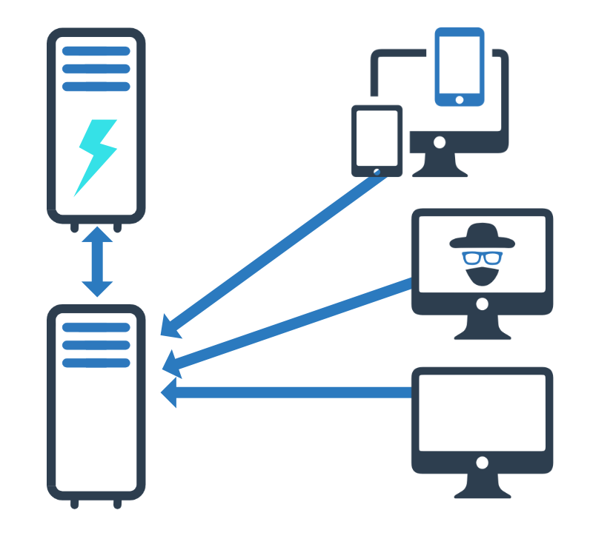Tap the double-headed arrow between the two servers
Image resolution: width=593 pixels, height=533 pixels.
[x=96, y=263]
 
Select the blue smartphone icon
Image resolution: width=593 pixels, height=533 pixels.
[x=460, y=67]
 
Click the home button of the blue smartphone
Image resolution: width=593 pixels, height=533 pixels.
[x=460, y=99]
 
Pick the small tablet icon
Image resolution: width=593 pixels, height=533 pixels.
[x=377, y=141]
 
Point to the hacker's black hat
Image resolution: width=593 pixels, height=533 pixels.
[x=482, y=235]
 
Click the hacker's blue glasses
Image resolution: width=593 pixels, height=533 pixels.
[x=482, y=258]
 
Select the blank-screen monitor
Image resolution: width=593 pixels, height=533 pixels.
[x=482, y=415]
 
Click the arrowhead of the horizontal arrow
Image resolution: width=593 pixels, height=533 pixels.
[x=170, y=392]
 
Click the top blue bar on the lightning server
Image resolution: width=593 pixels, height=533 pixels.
[x=96, y=51]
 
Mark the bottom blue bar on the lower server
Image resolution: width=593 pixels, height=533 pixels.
[x=96, y=363]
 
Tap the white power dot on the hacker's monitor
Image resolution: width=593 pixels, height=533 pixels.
[x=482, y=304]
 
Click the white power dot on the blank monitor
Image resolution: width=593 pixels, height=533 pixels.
[x=482, y=463]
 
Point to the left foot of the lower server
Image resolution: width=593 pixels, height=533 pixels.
[x=74, y=503]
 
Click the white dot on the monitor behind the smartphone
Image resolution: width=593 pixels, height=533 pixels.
[x=440, y=141]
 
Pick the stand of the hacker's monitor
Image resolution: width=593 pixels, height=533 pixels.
[x=482, y=329]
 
